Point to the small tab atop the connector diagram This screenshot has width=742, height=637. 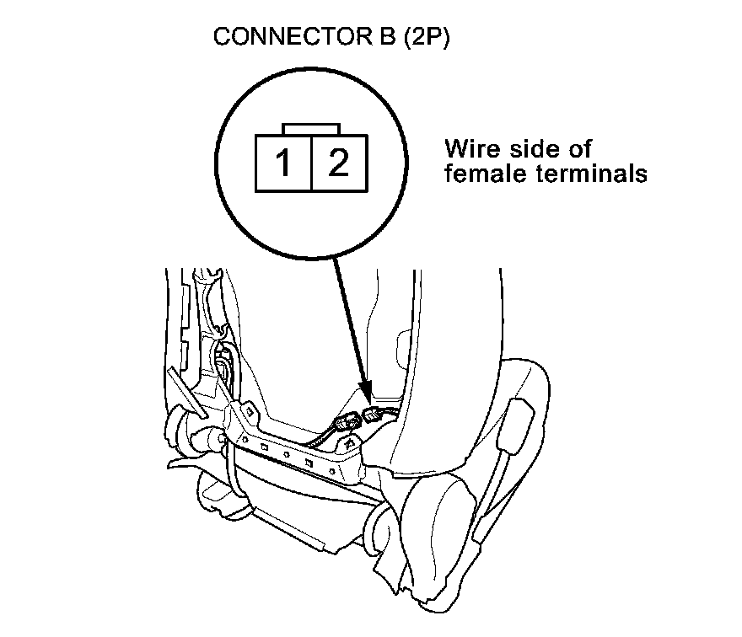[311, 129]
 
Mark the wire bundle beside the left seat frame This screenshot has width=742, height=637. [223, 367]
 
